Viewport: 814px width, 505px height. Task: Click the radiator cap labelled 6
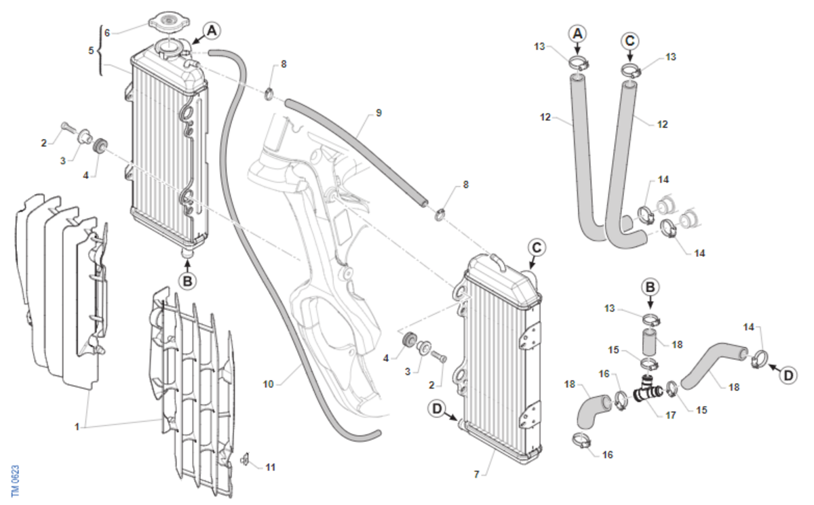point(169,21)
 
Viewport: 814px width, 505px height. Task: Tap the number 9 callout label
point(379,113)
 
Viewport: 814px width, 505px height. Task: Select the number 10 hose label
point(268,384)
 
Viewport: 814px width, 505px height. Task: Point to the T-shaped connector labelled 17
point(648,390)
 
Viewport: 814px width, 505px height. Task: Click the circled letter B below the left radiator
point(187,281)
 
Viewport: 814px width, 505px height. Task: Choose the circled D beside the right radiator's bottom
point(437,409)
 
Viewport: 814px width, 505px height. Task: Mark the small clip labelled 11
point(246,460)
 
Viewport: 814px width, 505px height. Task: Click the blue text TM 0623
point(15,481)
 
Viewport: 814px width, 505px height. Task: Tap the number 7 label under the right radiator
point(476,474)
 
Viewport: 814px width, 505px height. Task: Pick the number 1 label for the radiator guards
point(77,426)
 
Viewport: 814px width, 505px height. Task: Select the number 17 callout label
point(670,415)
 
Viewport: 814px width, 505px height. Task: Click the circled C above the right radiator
point(537,248)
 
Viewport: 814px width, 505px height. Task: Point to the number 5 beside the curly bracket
point(91,50)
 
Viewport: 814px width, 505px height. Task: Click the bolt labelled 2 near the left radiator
point(69,127)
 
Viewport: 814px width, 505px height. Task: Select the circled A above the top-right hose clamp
point(577,34)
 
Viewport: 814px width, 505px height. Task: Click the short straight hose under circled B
point(651,341)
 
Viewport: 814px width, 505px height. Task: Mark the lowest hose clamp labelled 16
point(581,441)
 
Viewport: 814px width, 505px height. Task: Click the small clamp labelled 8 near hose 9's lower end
point(440,214)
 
